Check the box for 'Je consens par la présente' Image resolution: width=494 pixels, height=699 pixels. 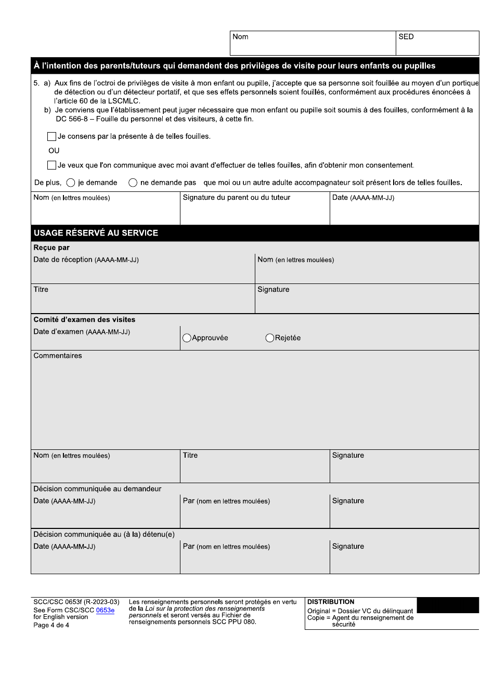(x=51, y=137)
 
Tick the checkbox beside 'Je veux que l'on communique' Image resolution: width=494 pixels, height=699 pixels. (x=51, y=165)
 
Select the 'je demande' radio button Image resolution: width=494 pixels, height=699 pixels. (x=71, y=183)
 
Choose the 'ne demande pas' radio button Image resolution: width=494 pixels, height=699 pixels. (x=133, y=183)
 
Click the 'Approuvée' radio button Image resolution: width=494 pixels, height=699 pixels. (x=187, y=338)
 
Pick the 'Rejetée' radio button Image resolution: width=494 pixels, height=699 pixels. (x=270, y=338)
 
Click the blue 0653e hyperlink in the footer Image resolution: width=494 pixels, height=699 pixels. (x=105, y=611)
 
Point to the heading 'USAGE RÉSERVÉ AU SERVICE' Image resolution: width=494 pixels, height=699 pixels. (x=96, y=233)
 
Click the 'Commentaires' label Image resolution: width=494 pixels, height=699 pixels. (x=58, y=356)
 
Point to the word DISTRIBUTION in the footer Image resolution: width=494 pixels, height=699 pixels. (x=331, y=602)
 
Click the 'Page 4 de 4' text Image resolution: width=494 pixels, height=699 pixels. (x=51, y=625)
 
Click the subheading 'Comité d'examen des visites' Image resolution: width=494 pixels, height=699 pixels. (x=84, y=320)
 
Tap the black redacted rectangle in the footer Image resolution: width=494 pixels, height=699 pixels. (x=448, y=605)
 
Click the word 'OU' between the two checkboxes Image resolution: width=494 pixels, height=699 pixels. (x=54, y=151)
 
